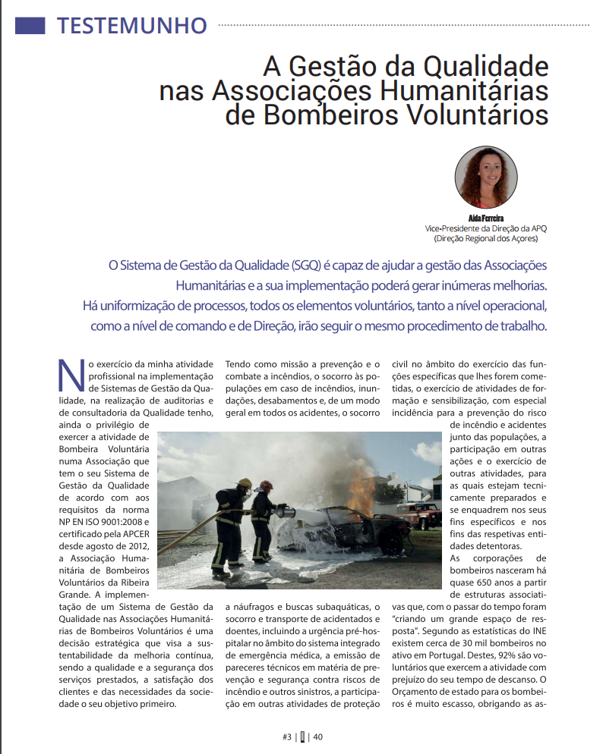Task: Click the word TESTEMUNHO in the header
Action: pos(131,25)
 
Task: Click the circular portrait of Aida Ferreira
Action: pos(486,179)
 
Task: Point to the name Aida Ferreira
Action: pos(486,218)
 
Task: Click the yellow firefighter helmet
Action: pos(245,483)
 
